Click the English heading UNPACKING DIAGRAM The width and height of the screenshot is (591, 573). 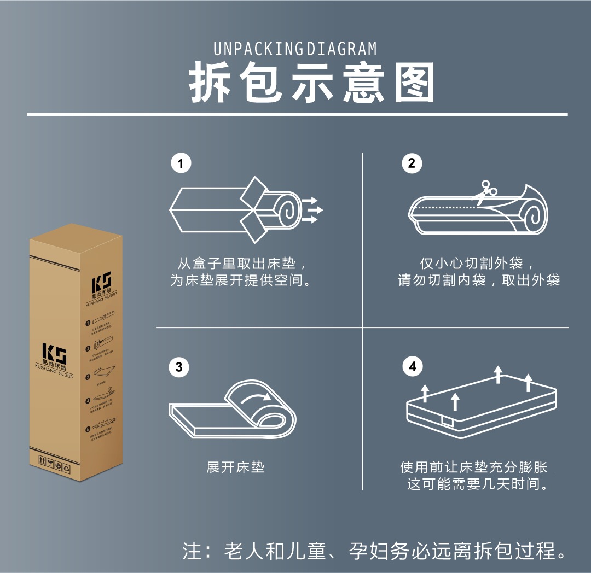pos(295,49)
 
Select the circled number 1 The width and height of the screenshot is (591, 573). pos(181,163)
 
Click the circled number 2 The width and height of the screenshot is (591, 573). pos(412,163)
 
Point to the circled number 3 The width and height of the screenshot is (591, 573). pos(179,367)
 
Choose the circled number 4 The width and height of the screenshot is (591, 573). pos(413,367)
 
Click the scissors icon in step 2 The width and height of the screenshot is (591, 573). pos(484,191)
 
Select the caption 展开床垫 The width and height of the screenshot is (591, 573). pos(235,467)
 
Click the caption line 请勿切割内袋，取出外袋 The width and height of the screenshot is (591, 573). pos(479,281)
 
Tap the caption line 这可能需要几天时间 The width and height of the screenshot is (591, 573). pos(478,484)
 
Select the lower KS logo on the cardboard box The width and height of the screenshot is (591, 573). pos(55,355)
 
